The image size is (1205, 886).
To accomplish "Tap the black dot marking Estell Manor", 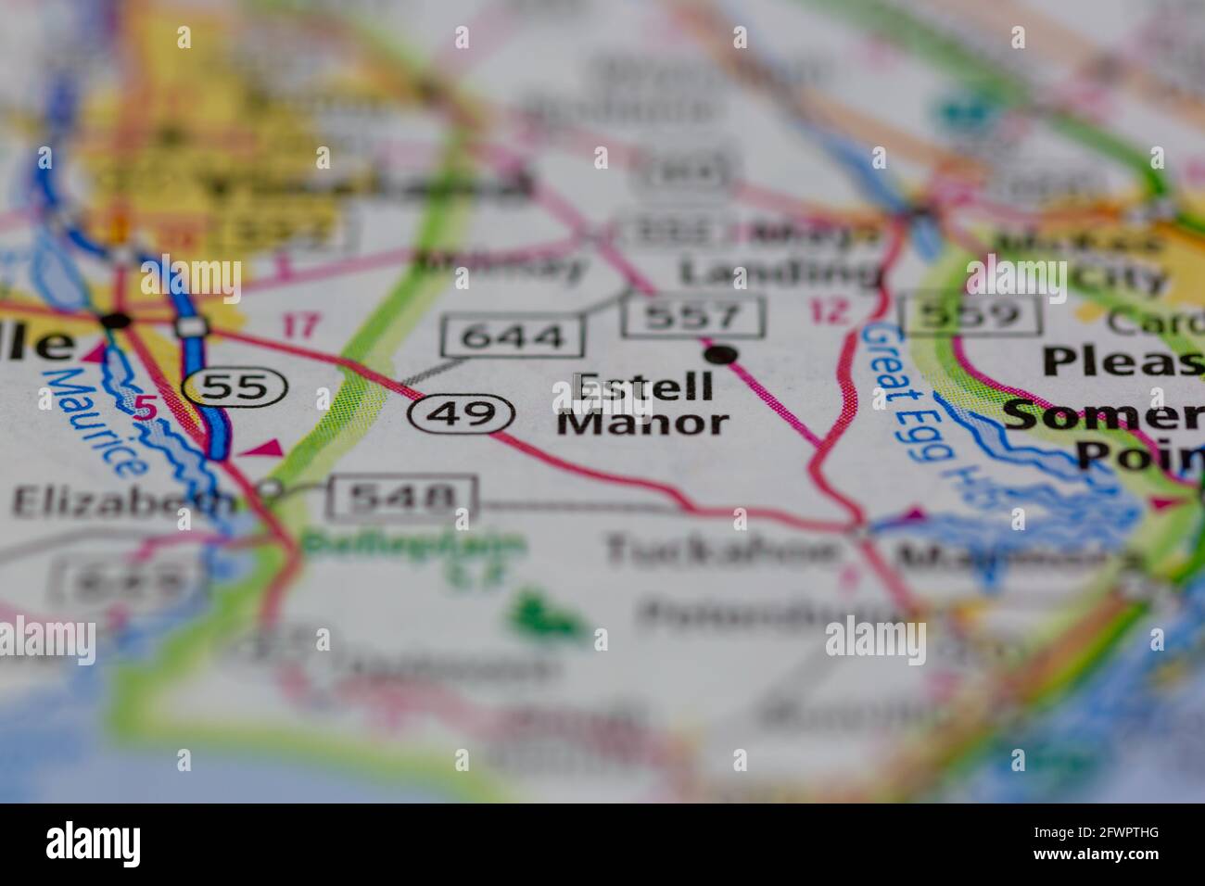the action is tap(720, 354).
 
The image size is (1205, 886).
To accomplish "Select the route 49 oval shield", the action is tap(463, 412).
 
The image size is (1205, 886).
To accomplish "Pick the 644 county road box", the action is tap(514, 336).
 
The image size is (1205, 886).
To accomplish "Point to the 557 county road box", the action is tap(694, 316).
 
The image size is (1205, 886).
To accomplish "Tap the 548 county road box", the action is tap(401, 499).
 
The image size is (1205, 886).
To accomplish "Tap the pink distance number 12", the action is tap(828, 311).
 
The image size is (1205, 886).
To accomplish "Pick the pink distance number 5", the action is tap(144, 407).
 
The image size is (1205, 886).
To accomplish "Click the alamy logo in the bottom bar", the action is tap(94, 844).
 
